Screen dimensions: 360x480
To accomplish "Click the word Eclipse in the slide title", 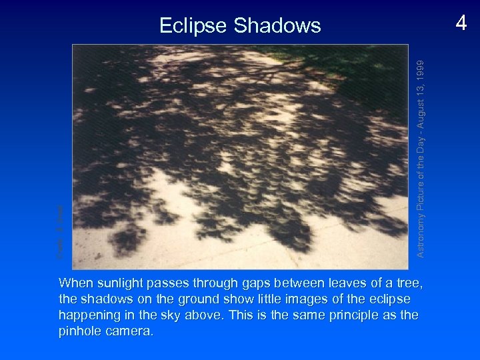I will pos(193,25).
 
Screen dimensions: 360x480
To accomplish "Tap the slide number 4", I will pos(461,23).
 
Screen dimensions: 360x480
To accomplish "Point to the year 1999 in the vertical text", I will pos(420,69).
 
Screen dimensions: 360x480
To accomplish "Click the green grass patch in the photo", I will pos(373,67).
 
